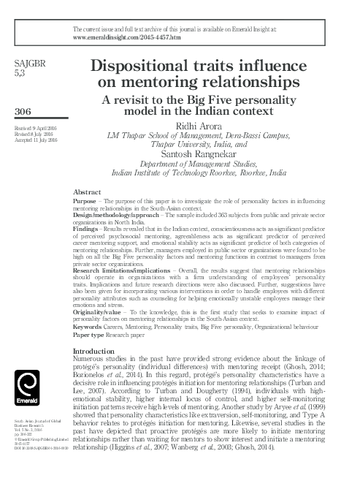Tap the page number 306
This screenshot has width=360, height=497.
click(24, 110)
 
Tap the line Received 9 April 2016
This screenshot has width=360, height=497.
click(37, 129)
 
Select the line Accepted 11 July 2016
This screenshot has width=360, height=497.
click(37, 142)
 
